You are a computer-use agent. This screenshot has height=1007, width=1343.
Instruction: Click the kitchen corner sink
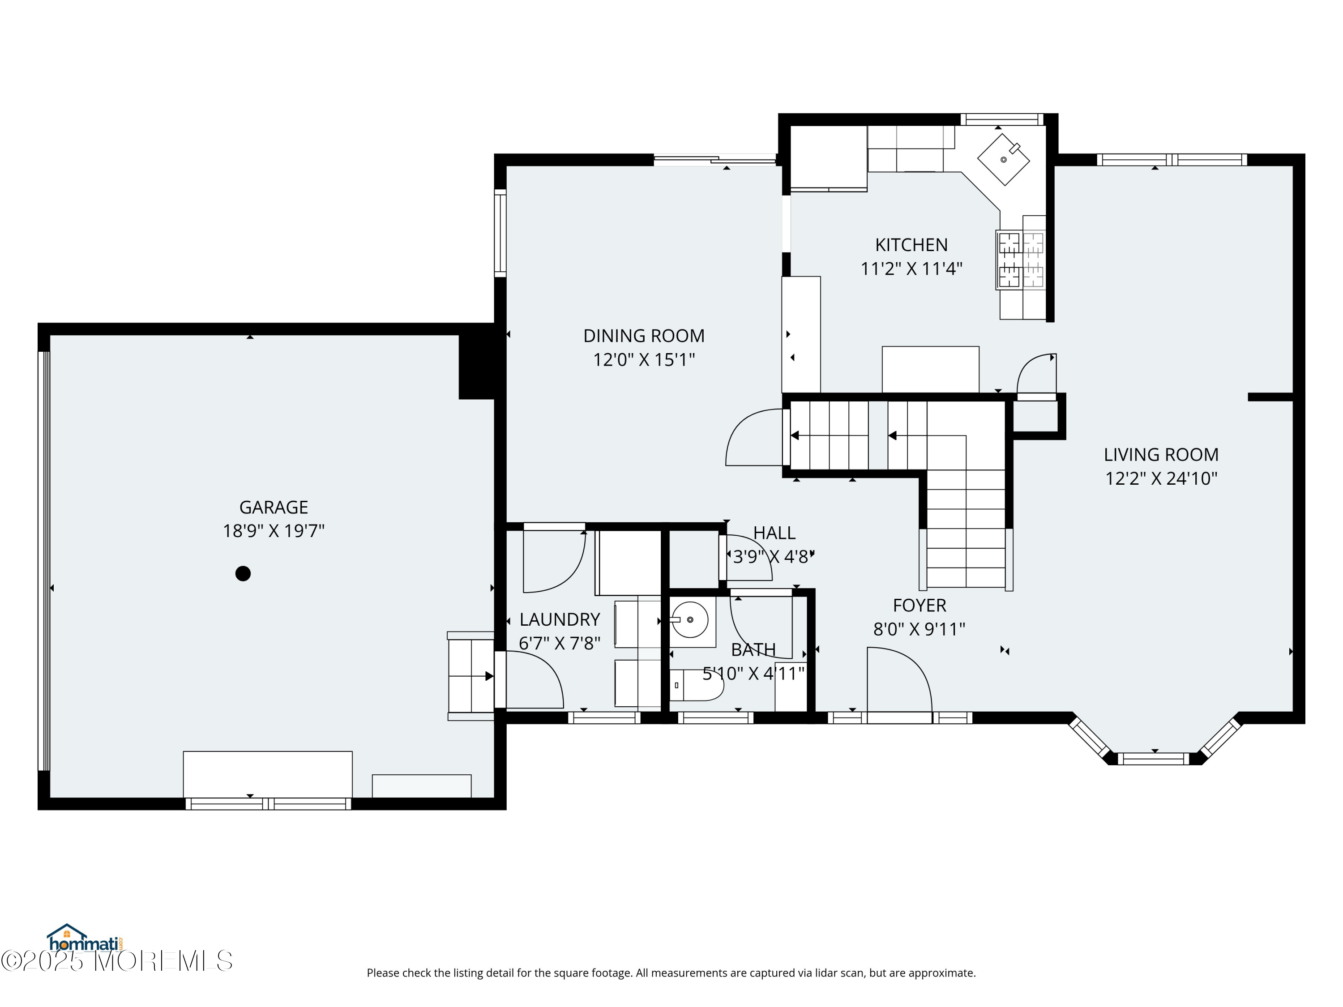[x=1003, y=159]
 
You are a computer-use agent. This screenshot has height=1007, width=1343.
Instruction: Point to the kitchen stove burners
[x=1021, y=260]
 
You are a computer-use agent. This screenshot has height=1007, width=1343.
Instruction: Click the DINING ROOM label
[x=644, y=336]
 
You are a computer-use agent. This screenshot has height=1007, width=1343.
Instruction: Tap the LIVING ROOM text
[x=1161, y=455]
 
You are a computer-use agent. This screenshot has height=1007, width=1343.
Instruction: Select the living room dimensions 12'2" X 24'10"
[x=1161, y=478]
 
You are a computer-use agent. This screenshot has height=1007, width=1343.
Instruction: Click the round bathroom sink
[x=690, y=620]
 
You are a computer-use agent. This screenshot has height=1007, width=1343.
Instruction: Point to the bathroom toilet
[x=697, y=685]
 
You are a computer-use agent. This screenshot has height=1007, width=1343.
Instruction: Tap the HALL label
[x=774, y=533]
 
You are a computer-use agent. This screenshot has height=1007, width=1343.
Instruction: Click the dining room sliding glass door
[x=715, y=160]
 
